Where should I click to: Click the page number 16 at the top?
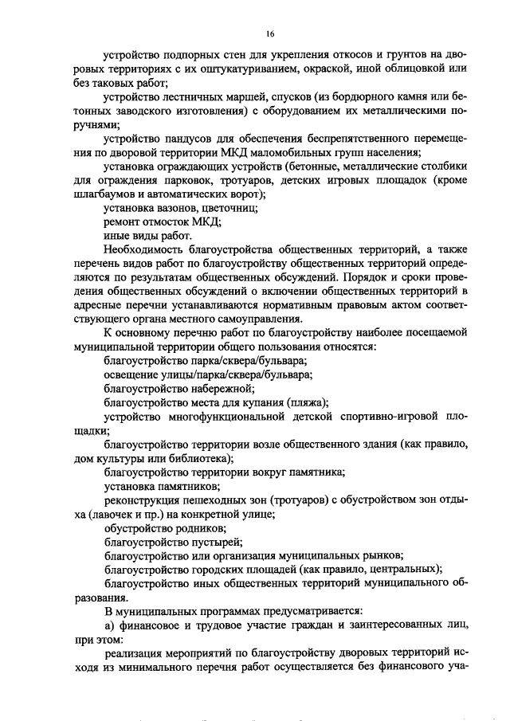271,34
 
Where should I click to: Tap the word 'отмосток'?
169,222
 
